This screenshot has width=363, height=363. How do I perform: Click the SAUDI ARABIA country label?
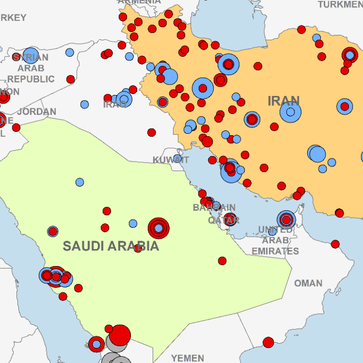[x=111, y=246]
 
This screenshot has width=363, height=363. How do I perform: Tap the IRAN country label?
[x=283, y=101]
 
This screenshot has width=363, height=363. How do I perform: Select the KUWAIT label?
[x=171, y=160]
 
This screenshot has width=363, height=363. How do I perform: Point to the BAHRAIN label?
[x=214, y=207]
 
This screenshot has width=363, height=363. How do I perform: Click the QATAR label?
[x=223, y=220]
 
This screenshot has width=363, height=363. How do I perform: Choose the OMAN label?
[x=308, y=283]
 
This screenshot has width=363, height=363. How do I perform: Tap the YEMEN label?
[x=187, y=358]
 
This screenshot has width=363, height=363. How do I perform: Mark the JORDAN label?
[x=36, y=111]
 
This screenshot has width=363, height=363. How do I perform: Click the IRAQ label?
[x=115, y=104]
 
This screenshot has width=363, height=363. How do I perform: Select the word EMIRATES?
[x=275, y=251]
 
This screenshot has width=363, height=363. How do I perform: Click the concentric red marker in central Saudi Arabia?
[x=159, y=228]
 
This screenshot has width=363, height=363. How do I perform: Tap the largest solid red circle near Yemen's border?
[x=120, y=335]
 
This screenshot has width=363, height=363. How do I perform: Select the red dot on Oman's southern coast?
[x=269, y=342]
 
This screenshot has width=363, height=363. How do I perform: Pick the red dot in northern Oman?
[x=335, y=244]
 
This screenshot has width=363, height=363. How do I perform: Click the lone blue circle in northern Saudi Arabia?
[x=80, y=182]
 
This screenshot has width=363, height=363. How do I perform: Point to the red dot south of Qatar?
[x=222, y=261]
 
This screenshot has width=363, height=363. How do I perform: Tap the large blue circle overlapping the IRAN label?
[x=290, y=112]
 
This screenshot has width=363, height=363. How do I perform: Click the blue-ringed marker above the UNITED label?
[x=286, y=219]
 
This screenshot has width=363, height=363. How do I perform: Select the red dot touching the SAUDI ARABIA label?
[x=138, y=248]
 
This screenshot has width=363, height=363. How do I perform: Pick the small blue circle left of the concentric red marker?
[x=133, y=224]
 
